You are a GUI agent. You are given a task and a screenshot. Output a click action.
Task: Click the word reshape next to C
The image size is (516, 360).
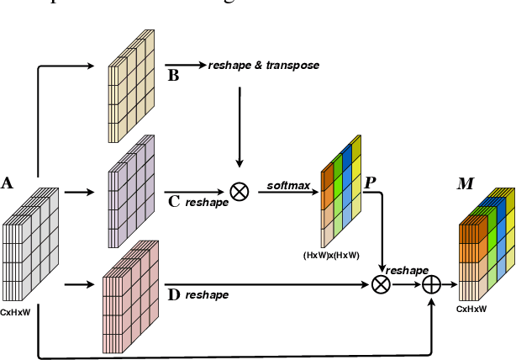207,203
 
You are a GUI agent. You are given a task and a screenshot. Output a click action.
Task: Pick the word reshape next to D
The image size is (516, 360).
207,294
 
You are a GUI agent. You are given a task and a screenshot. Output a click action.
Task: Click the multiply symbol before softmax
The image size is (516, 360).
240,191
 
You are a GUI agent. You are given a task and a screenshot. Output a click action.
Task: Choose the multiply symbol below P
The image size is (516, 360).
381,285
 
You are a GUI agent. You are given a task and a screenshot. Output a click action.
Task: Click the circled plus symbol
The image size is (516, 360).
430,285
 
